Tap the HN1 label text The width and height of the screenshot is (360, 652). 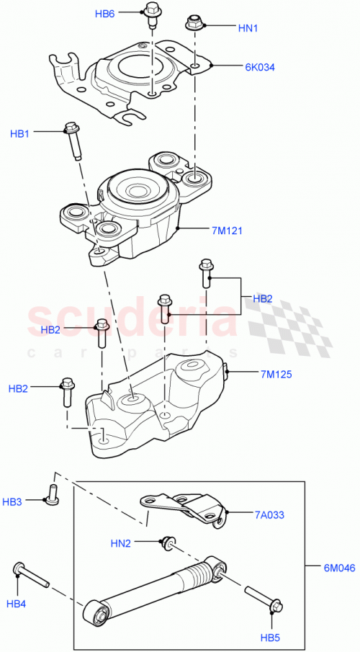pyautogui.click(x=248, y=28)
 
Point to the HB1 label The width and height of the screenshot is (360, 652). pyautogui.click(x=19, y=133)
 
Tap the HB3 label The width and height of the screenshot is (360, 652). pyautogui.click(x=12, y=501)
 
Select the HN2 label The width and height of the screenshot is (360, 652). pyautogui.click(x=121, y=542)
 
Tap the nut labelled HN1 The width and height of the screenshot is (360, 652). pyautogui.click(x=194, y=23)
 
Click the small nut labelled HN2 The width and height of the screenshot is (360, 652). pyautogui.click(x=166, y=540)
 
